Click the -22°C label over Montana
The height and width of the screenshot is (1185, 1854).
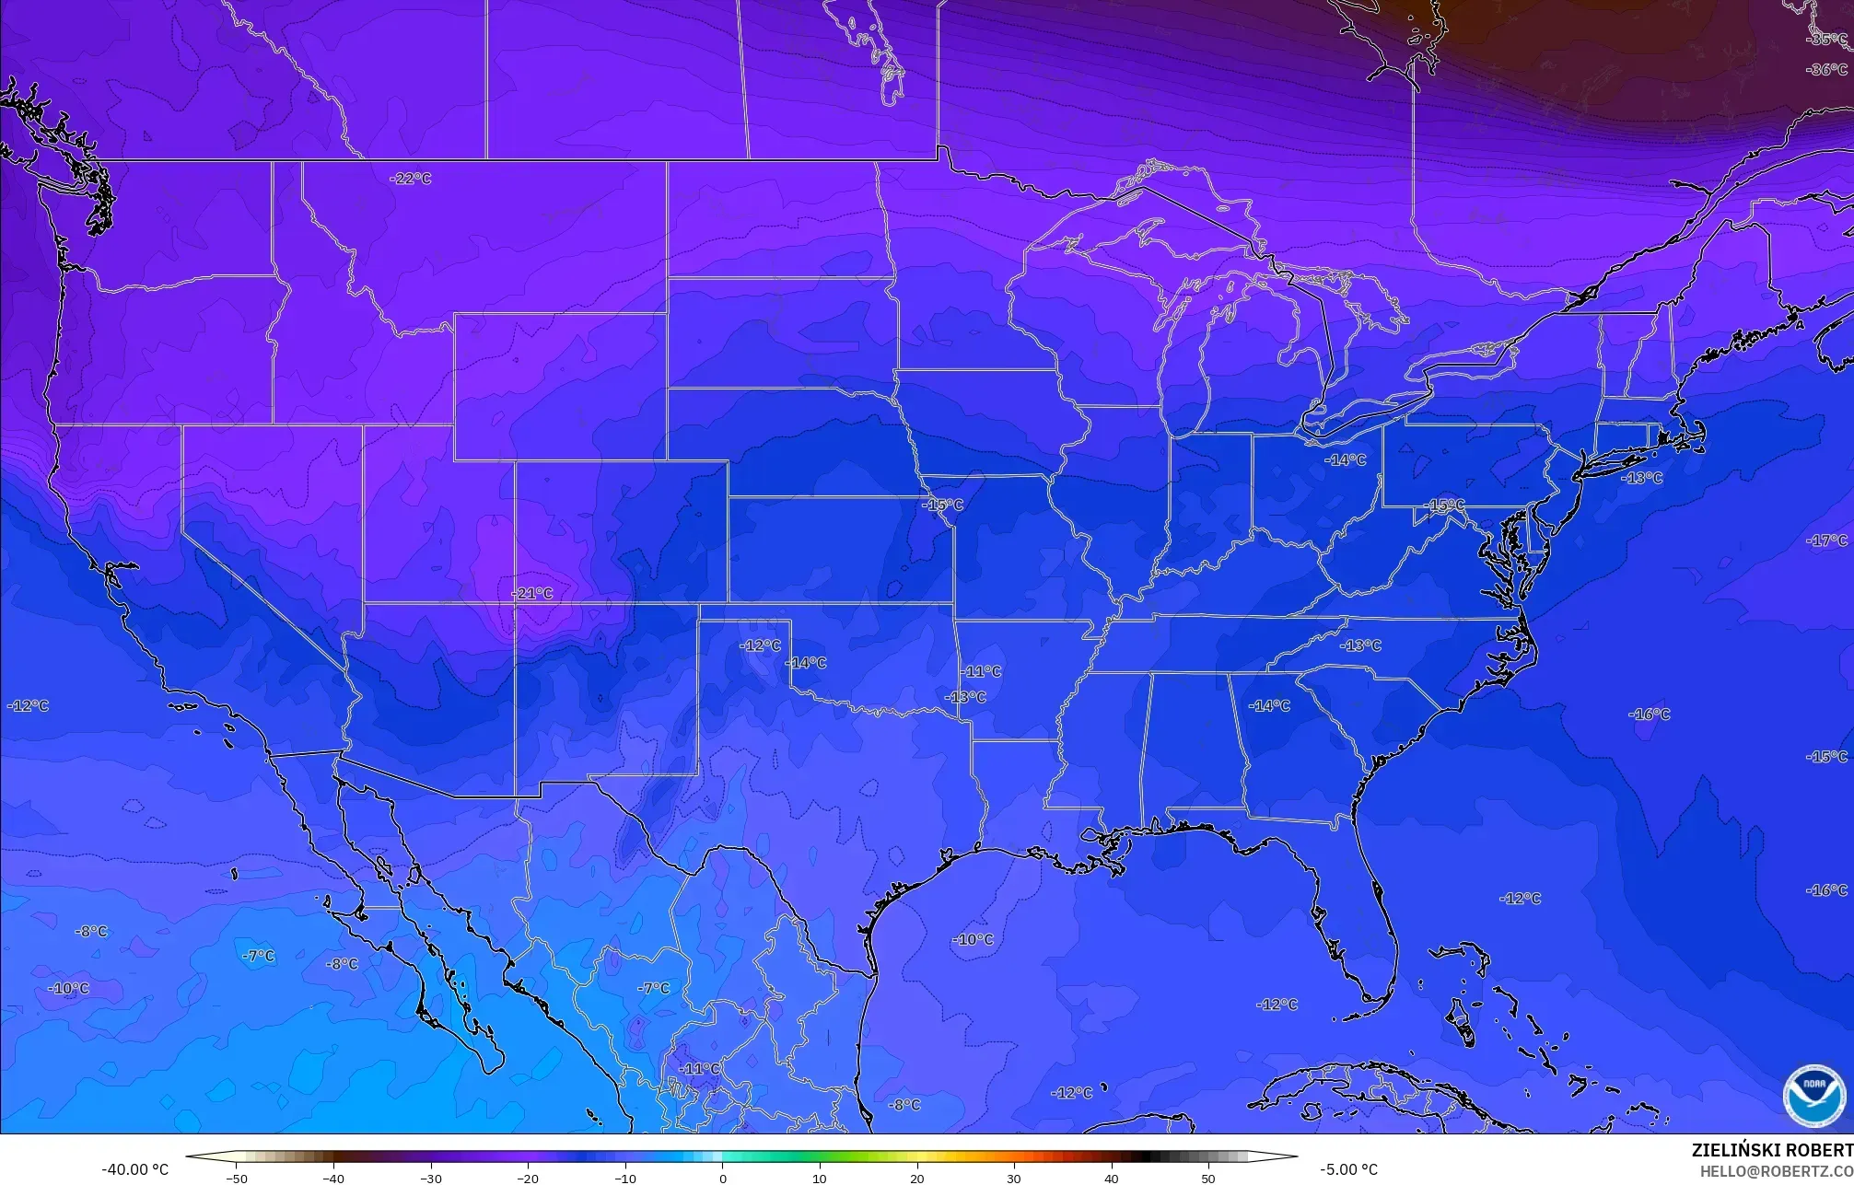tap(410, 179)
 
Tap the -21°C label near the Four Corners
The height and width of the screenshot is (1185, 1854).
tap(532, 594)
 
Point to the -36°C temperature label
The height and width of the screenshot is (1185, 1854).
tap(1825, 70)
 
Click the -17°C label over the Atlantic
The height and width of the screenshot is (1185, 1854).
tap(1827, 541)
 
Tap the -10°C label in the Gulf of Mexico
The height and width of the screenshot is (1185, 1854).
tap(973, 940)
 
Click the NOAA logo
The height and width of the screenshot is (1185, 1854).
tap(1813, 1096)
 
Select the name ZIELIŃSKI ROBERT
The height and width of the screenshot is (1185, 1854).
tap(1772, 1151)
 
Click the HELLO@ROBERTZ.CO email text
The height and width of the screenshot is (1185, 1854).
tap(1776, 1171)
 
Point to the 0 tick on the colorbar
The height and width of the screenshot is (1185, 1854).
tap(722, 1178)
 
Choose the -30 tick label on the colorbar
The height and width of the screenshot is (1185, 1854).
tap(430, 1178)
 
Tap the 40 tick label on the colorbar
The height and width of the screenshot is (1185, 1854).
tap(1112, 1178)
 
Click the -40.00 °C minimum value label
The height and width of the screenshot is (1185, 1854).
tap(135, 1170)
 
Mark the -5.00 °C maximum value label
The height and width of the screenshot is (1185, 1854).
tap(1348, 1170)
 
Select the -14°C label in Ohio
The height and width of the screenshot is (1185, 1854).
tap(1345, 460)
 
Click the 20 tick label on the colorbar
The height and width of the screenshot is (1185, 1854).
tap(916, 1178)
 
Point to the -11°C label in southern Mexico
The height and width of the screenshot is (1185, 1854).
tap(700, 1069)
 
